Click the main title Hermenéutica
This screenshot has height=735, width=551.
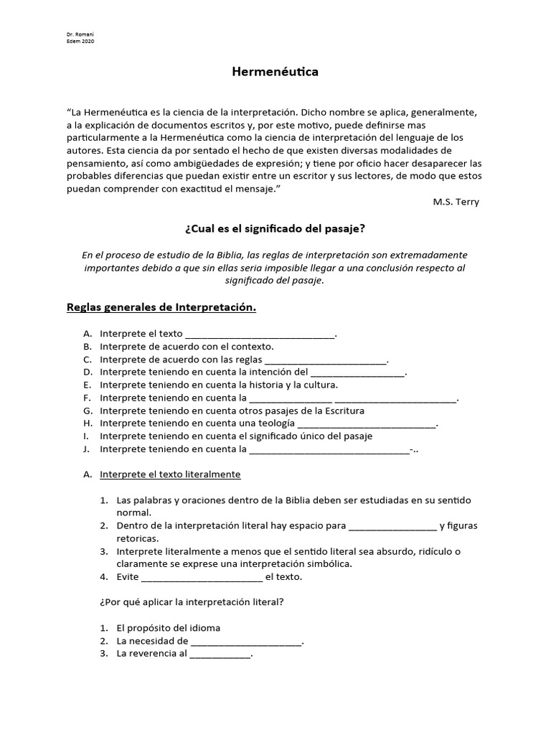tap(275, 72)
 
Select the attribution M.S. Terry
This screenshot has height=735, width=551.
tap(456, 202)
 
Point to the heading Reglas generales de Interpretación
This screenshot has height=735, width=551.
tap(161, 308)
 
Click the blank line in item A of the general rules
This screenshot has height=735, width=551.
tap(260, 334)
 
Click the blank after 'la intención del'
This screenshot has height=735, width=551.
tap(358, 373)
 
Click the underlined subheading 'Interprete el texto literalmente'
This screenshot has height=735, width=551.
tap(170, 474)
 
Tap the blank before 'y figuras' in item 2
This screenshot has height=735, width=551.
tap(391, 525)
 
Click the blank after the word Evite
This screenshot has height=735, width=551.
tap(202, 576)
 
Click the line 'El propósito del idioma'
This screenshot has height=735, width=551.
tap(168, 627)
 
